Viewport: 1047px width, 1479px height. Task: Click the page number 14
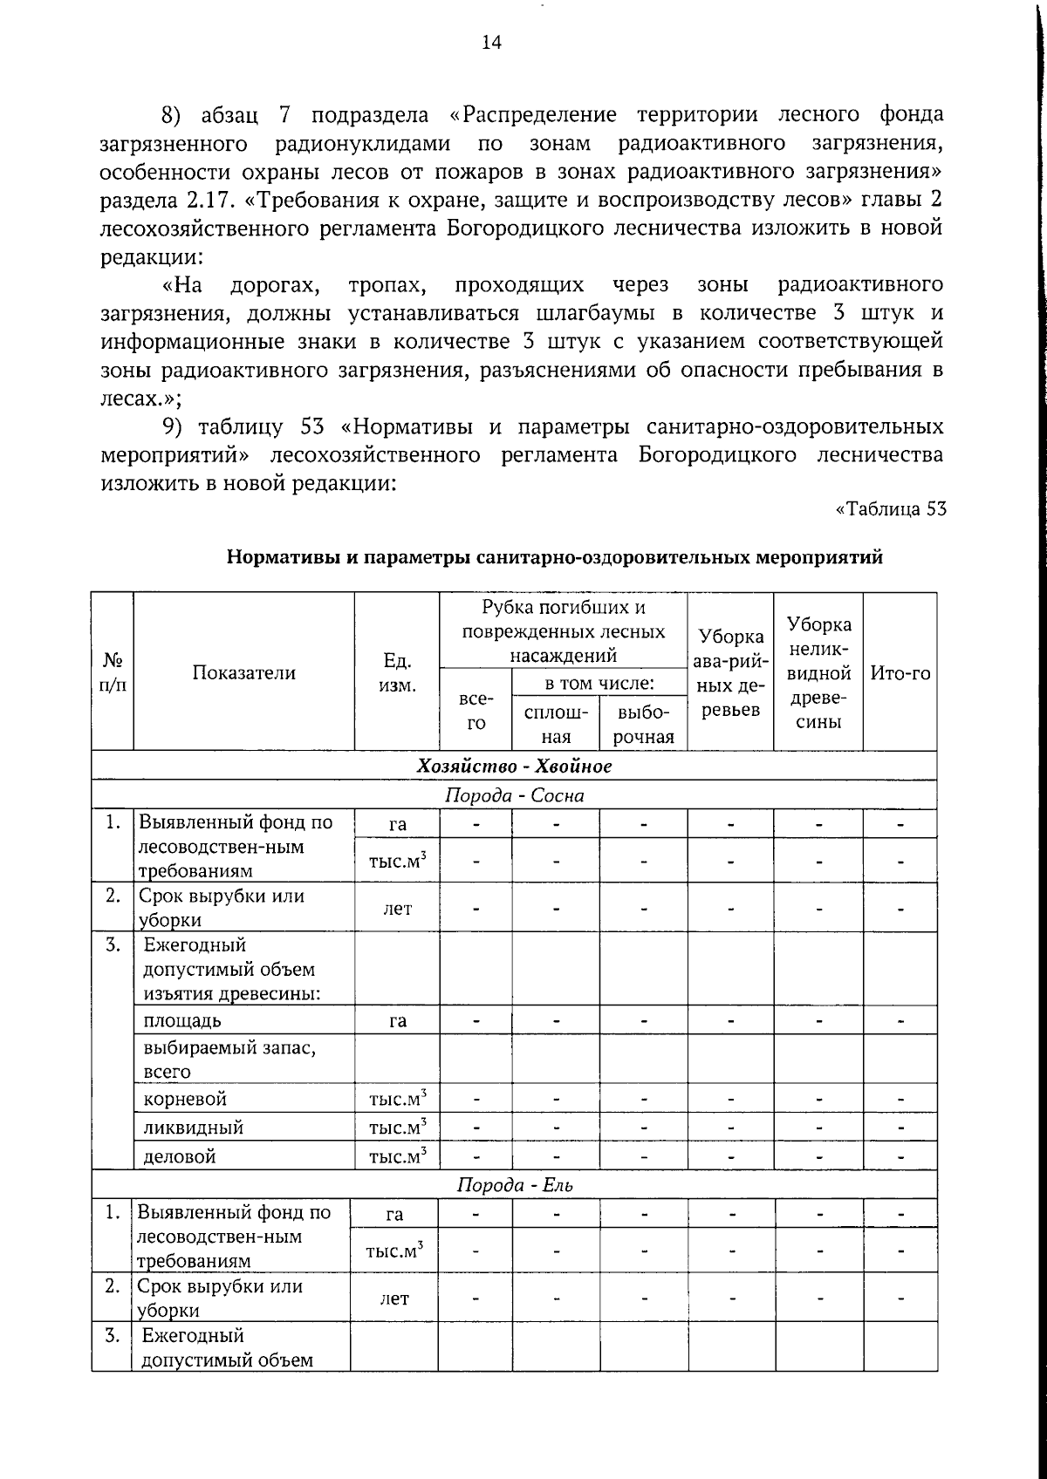(491, 43)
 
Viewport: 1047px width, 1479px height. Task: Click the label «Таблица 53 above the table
(891, 509)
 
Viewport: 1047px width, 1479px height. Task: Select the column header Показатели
(244, 672)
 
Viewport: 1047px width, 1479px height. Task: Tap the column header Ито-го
(900, 672)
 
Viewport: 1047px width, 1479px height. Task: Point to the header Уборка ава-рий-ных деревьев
(730, 673)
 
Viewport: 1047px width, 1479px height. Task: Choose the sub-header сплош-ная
(556, 724)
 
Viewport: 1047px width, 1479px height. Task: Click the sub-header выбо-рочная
(643, 724)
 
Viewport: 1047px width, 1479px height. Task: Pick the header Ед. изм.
(397, 673)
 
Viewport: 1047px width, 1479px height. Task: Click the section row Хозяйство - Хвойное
(514, 766)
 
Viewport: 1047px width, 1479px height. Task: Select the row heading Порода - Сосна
(514, 795)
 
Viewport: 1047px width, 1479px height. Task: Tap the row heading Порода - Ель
(514, 1185)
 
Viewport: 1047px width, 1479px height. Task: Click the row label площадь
(182, 1019)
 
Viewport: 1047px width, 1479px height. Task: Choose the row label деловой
(179, 1156)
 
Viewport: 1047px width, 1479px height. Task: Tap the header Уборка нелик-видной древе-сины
(818, 673)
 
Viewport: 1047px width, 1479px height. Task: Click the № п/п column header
(113, 673)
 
